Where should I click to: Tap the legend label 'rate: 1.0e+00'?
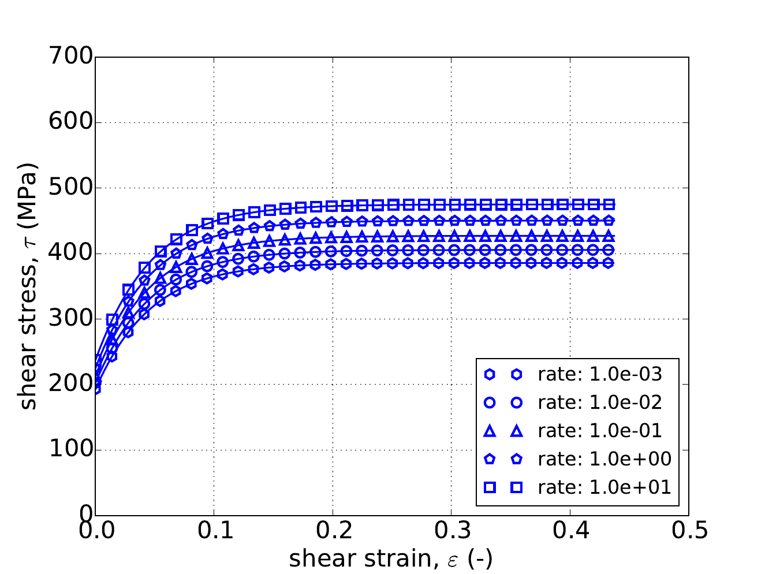[604, 459]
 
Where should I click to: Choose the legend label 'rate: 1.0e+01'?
[604, 487]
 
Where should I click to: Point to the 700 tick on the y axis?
[71, 57]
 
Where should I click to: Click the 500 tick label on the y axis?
[71, 188]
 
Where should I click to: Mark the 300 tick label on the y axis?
[71, 319]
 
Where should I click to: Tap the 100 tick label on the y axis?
[71, 450]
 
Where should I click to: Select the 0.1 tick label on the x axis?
[214, 531]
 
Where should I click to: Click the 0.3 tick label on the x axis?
[451, 531]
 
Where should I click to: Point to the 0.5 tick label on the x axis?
[688, 531]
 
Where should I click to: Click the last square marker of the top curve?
[609, 204]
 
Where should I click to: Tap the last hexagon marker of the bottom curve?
[609, 263]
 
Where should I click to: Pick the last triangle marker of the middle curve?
[609, 236]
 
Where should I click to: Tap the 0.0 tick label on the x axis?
[95, 531]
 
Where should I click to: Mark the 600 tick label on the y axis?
[71, 122]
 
